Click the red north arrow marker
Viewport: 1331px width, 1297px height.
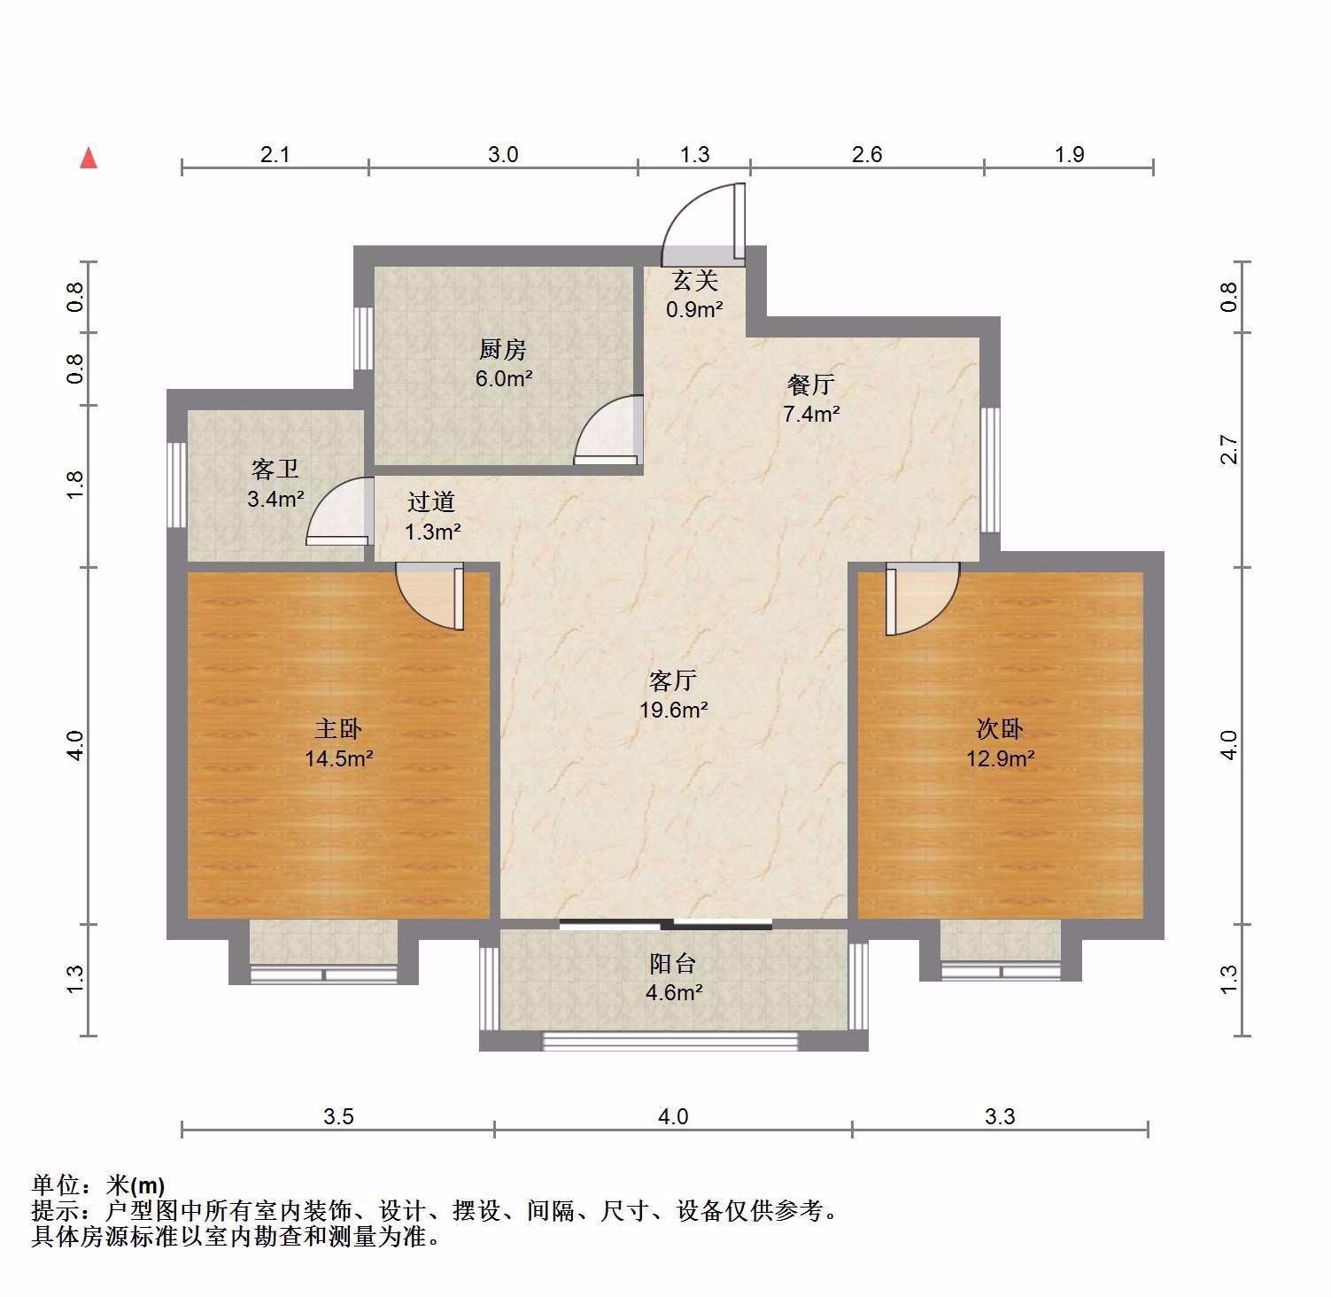(89, 158)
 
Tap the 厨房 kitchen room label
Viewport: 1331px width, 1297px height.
(503, 350)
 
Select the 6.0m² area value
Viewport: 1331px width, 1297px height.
(503, 379)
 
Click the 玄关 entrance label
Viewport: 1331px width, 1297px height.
(694, 281)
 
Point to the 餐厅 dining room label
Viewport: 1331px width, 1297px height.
(810, 385)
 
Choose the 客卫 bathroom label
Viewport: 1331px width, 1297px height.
(275, 470)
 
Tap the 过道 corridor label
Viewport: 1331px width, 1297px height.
(431, 502)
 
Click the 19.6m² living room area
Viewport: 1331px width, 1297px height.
(673, 710)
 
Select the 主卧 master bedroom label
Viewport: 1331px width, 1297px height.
(338, 729)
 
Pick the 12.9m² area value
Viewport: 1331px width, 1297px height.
(1001, 758)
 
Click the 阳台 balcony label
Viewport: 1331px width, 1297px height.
(673, 963)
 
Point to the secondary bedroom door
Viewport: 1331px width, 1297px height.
(922, 599)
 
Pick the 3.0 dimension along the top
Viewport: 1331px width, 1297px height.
(503, 154)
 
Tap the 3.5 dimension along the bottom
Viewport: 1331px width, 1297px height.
(338, 1116)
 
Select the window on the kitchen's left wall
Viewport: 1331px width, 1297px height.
(363, 338)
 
